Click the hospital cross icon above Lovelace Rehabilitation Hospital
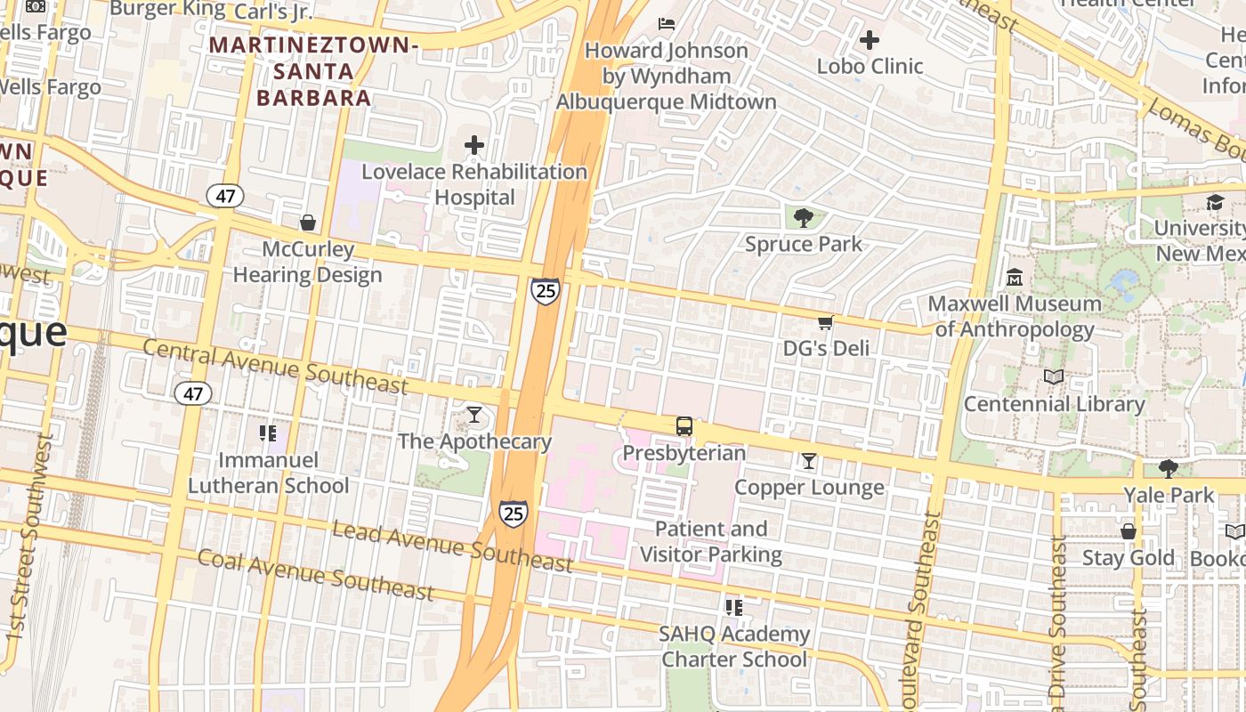pyautogui.click(x=474, y=145)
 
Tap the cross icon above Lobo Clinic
pyautogui.click(x=870, y=40)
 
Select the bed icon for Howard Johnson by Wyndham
pyautogui.click(x=667, y=23)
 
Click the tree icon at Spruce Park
pyautogui.click(x=803, y=217)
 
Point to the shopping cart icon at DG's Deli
pyautogui.click(x=825, y=322)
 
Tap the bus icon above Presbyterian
pyautogui.click(x=684, y=426)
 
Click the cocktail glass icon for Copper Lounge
pyautogui.click(x=808, y=461)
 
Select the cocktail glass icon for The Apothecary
pyautogui.click(x=474, y=415)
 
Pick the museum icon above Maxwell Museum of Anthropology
pyautogui.click(x=1014, y=278)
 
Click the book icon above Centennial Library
pyautogui.click(x=1054, y=377)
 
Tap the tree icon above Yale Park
pyautogui.click(x=1168, y=468)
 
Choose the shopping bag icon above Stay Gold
pyautogui.click(x=1128, y=532)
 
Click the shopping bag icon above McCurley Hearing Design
pyautogui.click(x=307, y=222)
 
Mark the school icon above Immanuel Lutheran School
pyautogui.click(x=268, y=433)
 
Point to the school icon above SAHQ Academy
pyautogui.click(x=733, y=608)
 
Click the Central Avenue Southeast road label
pyautogui.click(x=275, y=366)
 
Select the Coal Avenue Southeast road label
pyautogui.click(x=315, y=575)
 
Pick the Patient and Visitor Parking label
pyautogui.click(x=710, y=541)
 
